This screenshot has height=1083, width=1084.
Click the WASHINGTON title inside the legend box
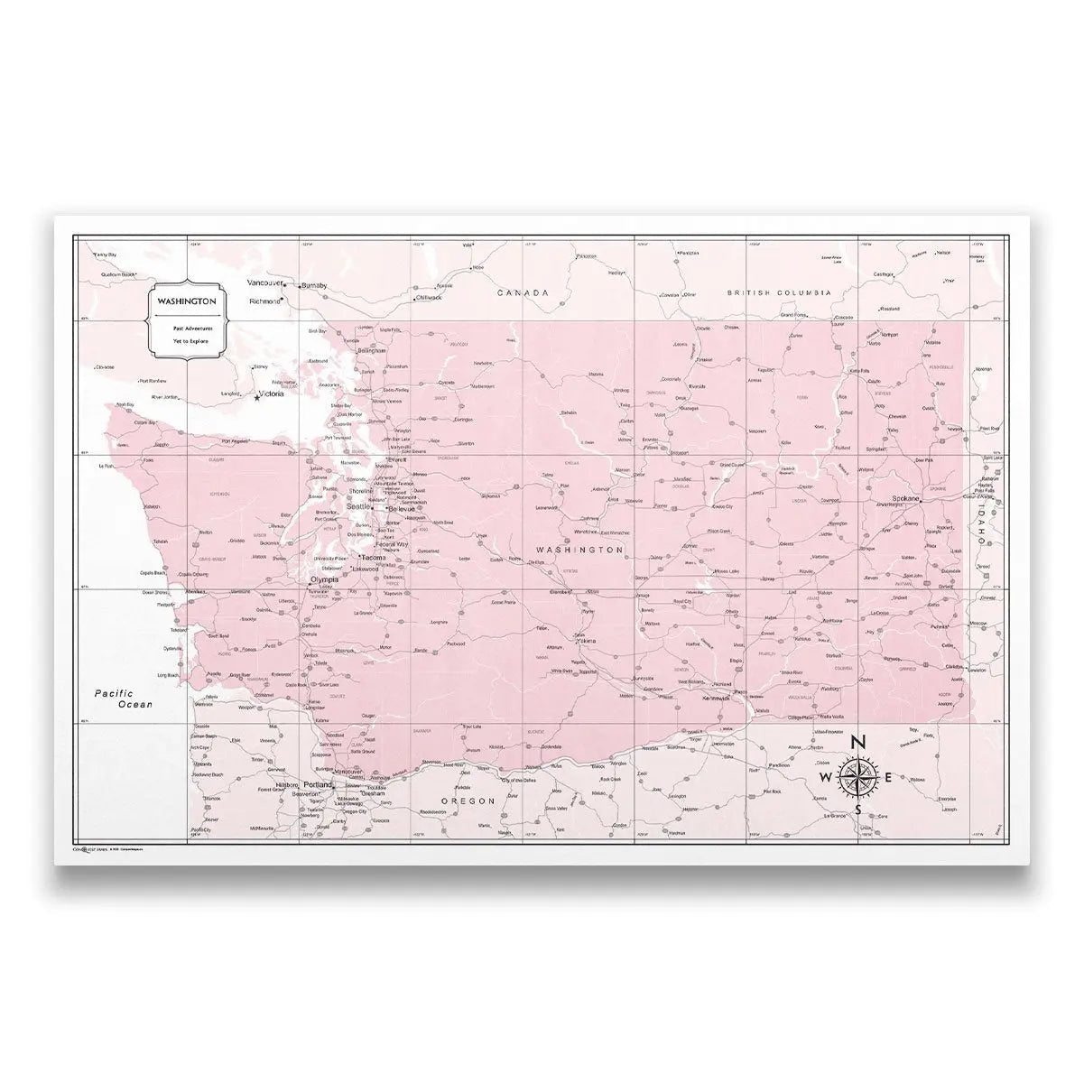186,301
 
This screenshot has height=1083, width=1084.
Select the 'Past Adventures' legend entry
186,329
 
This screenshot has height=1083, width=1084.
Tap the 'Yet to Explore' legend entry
186,341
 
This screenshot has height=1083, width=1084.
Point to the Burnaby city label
314,286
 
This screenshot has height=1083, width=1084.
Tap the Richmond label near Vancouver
264,301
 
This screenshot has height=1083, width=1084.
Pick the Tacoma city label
373,558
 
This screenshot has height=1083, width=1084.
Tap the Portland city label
319,784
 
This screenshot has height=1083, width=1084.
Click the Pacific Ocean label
125,699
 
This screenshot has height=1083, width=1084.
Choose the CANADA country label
523,293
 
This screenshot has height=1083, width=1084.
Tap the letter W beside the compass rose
824,778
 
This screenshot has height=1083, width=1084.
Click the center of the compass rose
857,777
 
